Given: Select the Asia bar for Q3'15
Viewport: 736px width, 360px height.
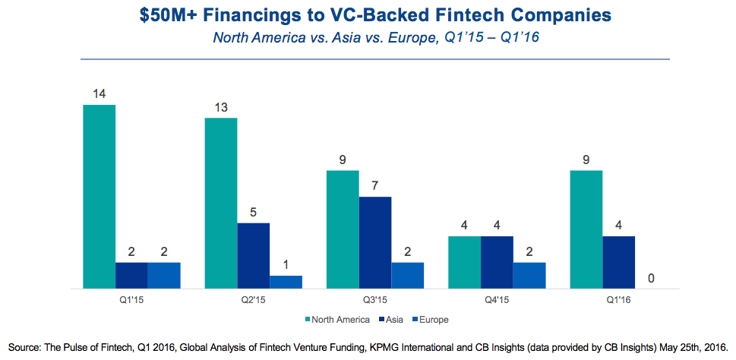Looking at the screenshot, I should (375, 242).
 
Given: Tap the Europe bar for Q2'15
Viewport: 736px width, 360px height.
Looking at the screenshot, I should (286, 282).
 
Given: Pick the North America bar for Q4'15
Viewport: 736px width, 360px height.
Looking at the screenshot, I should (464, 262).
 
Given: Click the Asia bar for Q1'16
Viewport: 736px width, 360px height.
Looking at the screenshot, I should (618, 262).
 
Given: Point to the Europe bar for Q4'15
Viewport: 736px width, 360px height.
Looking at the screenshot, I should (529, 275).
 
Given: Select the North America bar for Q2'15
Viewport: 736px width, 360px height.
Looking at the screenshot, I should (221, 203).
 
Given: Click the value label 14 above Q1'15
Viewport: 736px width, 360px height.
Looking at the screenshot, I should (99, 95).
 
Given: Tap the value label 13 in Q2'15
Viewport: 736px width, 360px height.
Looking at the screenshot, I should (221, 108).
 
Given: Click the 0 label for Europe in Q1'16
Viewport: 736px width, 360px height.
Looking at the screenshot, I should (651, 279).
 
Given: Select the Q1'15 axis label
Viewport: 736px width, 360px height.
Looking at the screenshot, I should (131, 300).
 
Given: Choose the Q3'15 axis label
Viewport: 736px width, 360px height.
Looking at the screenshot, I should (374, 300).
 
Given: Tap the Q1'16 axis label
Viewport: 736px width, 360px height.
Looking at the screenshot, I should (618, 300).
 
